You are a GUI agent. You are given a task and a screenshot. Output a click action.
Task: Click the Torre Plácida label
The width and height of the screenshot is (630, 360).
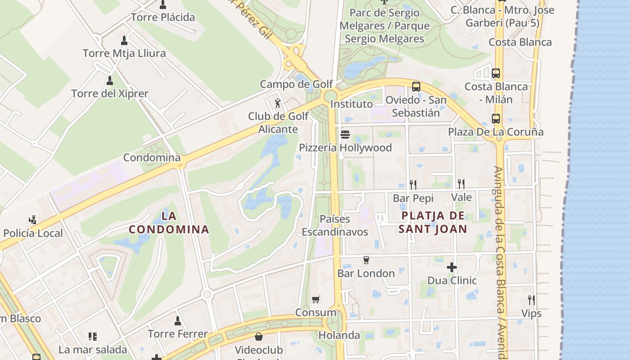(x=162, y=18)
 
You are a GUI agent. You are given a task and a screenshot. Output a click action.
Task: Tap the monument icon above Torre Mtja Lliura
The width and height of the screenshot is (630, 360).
(x=124, y=40)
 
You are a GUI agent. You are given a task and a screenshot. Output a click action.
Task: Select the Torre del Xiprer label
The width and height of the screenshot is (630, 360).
(x=109, y=94)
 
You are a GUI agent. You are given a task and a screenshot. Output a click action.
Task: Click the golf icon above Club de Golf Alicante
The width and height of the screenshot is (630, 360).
(x=279, y=103)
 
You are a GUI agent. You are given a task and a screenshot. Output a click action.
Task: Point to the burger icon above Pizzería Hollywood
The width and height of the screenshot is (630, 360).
(x=345, y=134)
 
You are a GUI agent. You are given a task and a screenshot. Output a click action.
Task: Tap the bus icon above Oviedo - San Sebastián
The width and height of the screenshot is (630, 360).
(x=416, y=86)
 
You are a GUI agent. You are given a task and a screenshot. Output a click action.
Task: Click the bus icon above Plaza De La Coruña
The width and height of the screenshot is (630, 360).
(x=495, y=119)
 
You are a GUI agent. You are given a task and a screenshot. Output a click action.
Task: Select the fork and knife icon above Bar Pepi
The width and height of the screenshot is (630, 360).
(x=413, y=184)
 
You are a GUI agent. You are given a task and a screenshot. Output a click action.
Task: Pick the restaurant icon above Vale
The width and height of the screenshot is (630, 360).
(x=461, y=184)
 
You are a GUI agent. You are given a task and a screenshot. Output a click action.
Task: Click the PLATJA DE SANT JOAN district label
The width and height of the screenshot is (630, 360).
(x=432, y=222)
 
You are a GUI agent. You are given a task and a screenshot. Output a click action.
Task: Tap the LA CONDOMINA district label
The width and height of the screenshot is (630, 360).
(x=169, y=223)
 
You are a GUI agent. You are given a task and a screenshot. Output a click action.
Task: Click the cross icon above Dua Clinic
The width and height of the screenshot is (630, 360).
(x=452, y=267)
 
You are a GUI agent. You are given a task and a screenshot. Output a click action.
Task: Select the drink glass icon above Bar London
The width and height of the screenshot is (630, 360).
(x=366, y=260)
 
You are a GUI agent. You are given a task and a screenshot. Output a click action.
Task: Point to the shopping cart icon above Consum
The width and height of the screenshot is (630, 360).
(x=316, y=299)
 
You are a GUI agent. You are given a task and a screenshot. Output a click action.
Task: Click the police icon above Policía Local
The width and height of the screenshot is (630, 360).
(x=32, y=220)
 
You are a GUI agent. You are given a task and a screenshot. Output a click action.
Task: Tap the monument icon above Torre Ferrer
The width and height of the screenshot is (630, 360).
(x=178, y=320)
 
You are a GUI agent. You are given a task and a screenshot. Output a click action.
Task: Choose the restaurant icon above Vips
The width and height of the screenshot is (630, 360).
(x=531, y=300)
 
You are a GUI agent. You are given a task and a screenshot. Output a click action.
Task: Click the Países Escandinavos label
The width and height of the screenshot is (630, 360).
(x=334, y=225)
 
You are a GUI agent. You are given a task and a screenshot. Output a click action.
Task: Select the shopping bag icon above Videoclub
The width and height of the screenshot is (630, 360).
(x=259, y=337)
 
